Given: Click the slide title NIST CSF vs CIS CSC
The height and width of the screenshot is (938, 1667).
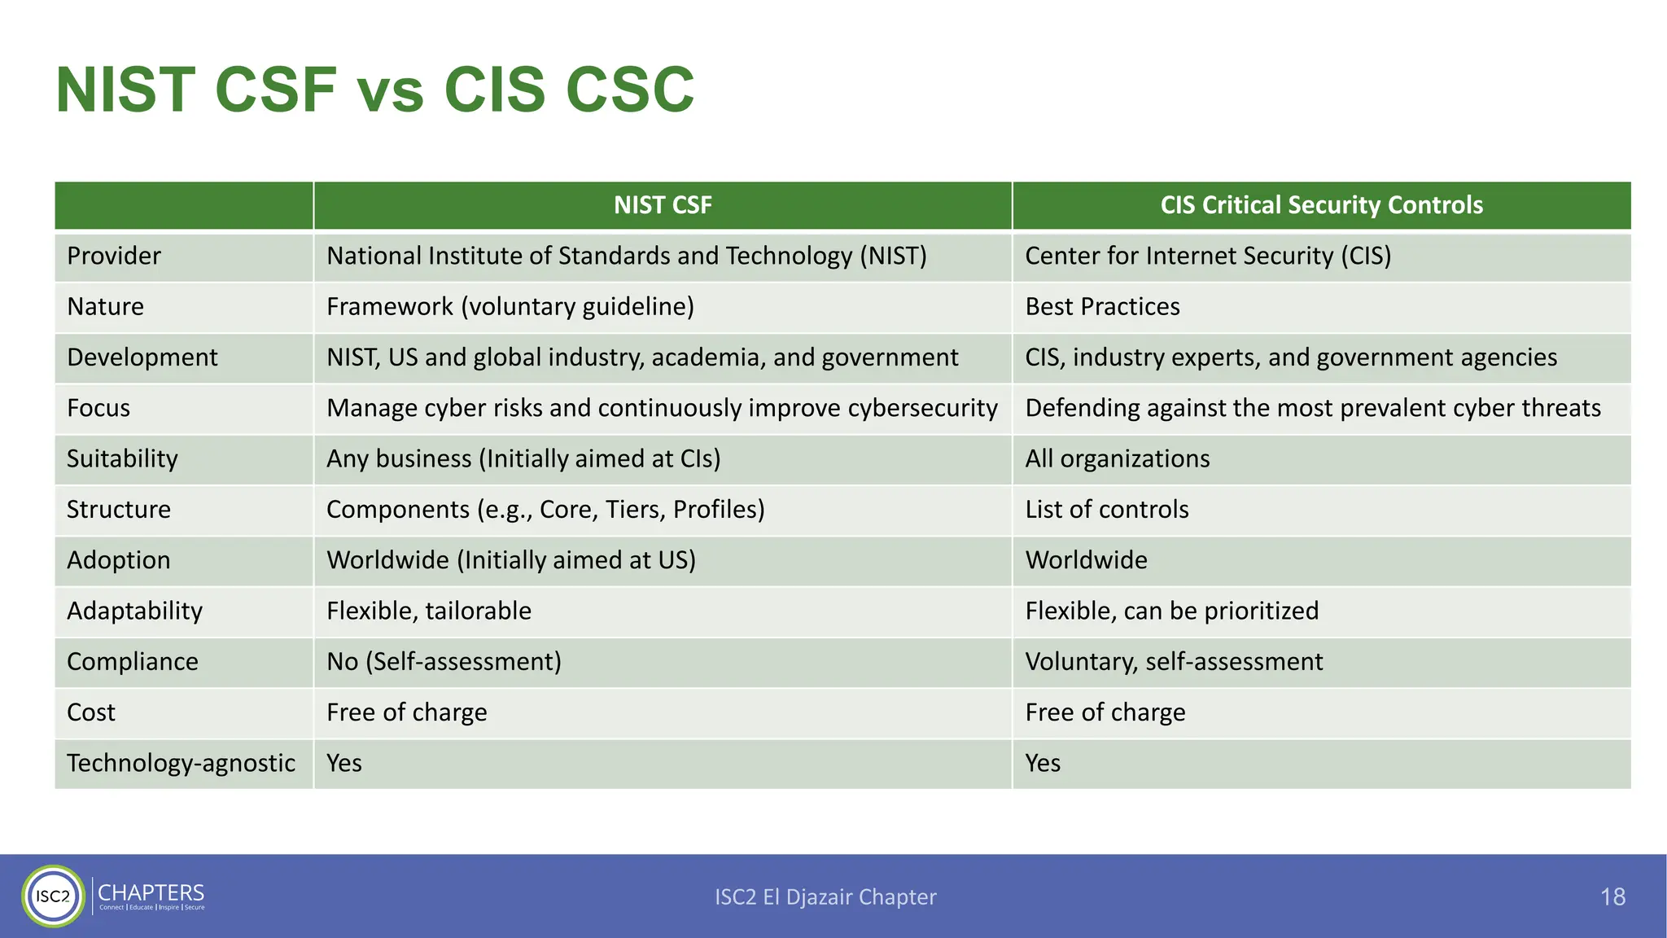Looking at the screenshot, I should pos(374,90).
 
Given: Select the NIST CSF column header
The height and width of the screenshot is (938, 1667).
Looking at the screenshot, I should pos(663,205).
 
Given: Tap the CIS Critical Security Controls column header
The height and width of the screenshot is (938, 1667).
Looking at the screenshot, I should pos(1321,205).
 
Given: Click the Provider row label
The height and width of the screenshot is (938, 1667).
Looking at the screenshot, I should pos(114,256).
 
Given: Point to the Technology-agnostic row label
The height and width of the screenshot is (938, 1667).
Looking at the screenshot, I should pos(181,763).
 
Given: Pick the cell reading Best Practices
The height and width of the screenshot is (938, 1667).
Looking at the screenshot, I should pos(1102,307).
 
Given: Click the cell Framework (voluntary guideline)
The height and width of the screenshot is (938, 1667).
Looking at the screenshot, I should pos(510,307).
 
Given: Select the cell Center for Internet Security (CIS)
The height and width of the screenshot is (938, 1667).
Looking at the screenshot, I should pos(1208,256).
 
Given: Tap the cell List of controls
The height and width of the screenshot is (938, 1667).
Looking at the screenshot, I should pos(1107,510).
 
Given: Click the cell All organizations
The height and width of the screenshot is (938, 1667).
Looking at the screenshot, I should pos(1118,459).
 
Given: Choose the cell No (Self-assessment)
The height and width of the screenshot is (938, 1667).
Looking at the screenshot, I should pos(444,662).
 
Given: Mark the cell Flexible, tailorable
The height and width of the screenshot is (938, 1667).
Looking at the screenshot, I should pos(429,611).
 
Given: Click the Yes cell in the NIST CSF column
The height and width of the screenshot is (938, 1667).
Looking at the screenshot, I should pos(344,763).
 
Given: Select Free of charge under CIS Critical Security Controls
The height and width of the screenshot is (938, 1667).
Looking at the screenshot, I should pos(1105,712).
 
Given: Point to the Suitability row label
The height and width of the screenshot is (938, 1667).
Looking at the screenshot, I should pos(122,459).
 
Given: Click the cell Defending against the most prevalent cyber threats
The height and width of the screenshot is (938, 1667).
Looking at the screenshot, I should pos(1313,408).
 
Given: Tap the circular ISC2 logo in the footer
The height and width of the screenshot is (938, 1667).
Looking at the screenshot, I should pos(54,896).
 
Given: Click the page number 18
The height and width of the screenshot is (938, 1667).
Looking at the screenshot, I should pos(1612,897).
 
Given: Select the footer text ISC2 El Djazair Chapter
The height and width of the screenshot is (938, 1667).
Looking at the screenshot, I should pos(825,897).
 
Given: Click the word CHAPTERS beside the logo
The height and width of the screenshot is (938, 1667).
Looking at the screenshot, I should pos(151,893).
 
